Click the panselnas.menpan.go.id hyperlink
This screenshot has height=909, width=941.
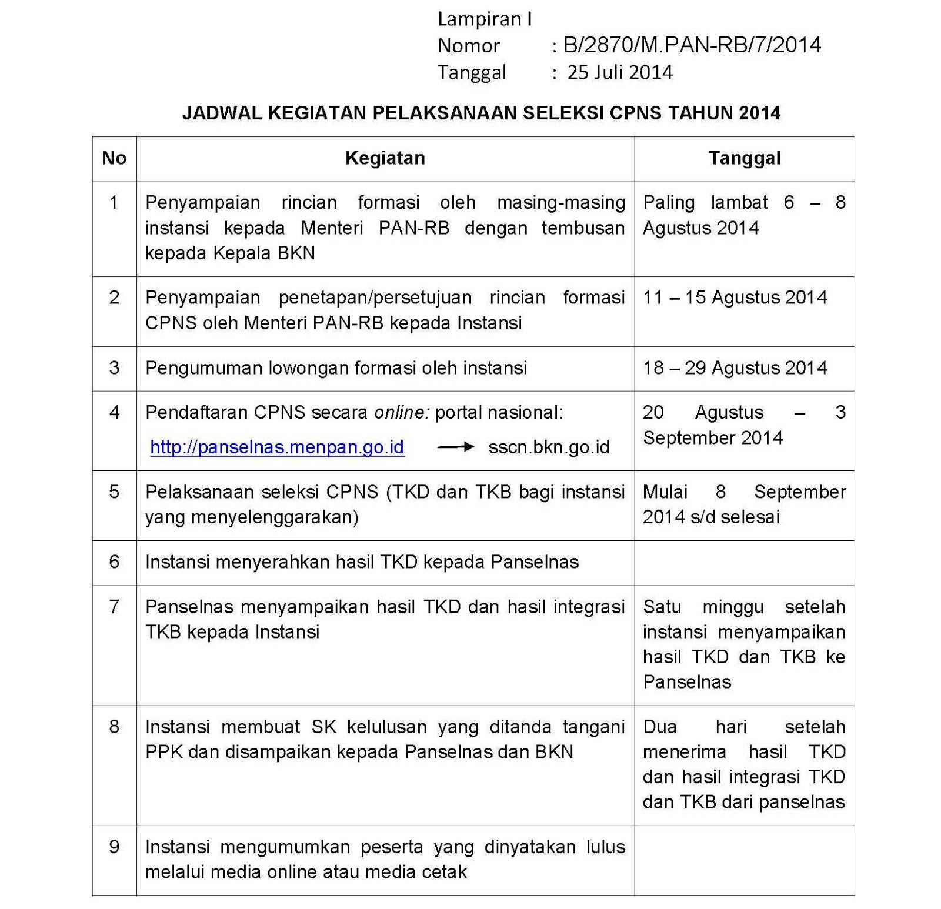click(277, 447)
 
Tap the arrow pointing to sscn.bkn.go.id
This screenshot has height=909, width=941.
click(455, 447)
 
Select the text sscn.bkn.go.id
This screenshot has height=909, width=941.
click(549, 447)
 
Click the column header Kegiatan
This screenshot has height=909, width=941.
click(385, 158)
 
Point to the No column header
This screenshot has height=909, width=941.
click(114, 158)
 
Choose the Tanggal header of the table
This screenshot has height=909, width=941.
click(745, 158)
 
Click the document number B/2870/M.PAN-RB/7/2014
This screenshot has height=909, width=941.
click(692, 45)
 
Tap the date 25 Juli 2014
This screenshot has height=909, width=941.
click(620, 72)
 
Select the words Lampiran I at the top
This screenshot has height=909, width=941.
click(485, 19)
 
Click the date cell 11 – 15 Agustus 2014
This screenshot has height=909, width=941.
click(735, 298)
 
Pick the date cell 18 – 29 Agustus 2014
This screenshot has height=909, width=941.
click(735, 368)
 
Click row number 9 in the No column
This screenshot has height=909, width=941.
click(114, 847)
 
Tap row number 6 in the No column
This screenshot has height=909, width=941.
click(114, 562)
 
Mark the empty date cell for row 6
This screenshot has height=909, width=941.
click(745, 563)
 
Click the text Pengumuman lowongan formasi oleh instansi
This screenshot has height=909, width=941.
click(336, 368)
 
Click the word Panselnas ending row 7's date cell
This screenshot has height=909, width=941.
click(687, 682)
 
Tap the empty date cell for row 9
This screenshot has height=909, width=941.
click(745, 860)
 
